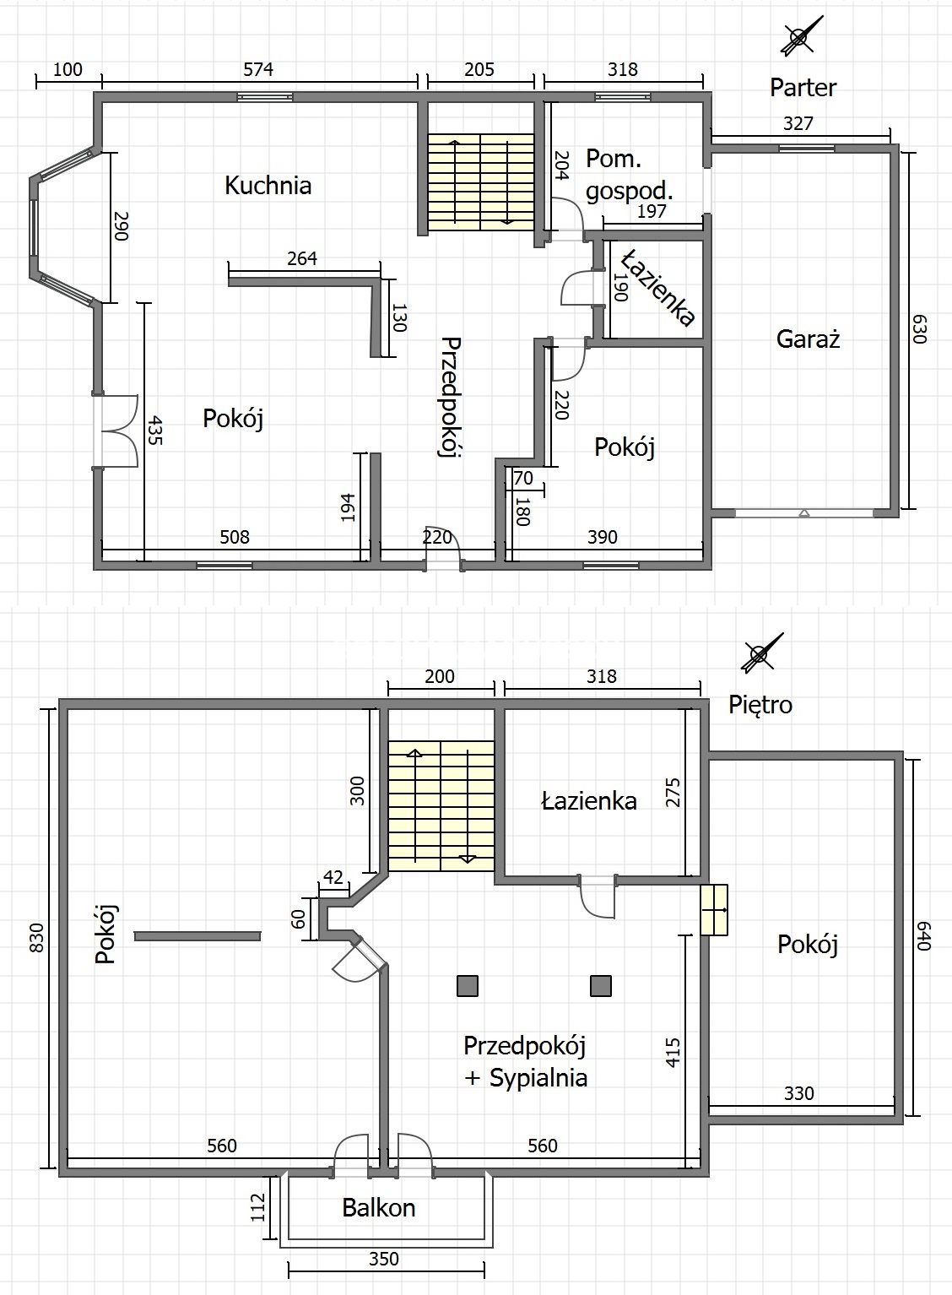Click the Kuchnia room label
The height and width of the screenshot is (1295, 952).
pos(268,186)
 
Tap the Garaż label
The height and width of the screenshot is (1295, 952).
pos(808,339)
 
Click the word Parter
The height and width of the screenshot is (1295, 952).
pos(803,88)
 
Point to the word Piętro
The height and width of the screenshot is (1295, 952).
pos(760,705)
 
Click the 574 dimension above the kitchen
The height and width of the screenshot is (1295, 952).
pos(257,69)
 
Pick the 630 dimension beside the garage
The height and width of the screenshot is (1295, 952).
pos(919,328)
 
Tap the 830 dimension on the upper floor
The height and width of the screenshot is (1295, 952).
pos(36,938)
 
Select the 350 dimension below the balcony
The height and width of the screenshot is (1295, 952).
pos(384,1259)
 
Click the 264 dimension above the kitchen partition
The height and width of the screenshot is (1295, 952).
pos(302,258)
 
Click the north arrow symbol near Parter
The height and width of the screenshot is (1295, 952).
pos(802,36)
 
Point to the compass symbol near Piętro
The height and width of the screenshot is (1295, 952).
pos(762,654)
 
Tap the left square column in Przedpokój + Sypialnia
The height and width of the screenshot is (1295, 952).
pos(467,986)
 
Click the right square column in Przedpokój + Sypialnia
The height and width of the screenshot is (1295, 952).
pos(601,986)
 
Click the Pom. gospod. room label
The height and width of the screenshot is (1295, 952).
pos(630,174)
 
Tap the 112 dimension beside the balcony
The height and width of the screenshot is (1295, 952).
pos(257,1208)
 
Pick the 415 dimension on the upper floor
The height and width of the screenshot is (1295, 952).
pos(673,1052)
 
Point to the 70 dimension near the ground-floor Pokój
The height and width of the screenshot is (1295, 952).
pos(523,478)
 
